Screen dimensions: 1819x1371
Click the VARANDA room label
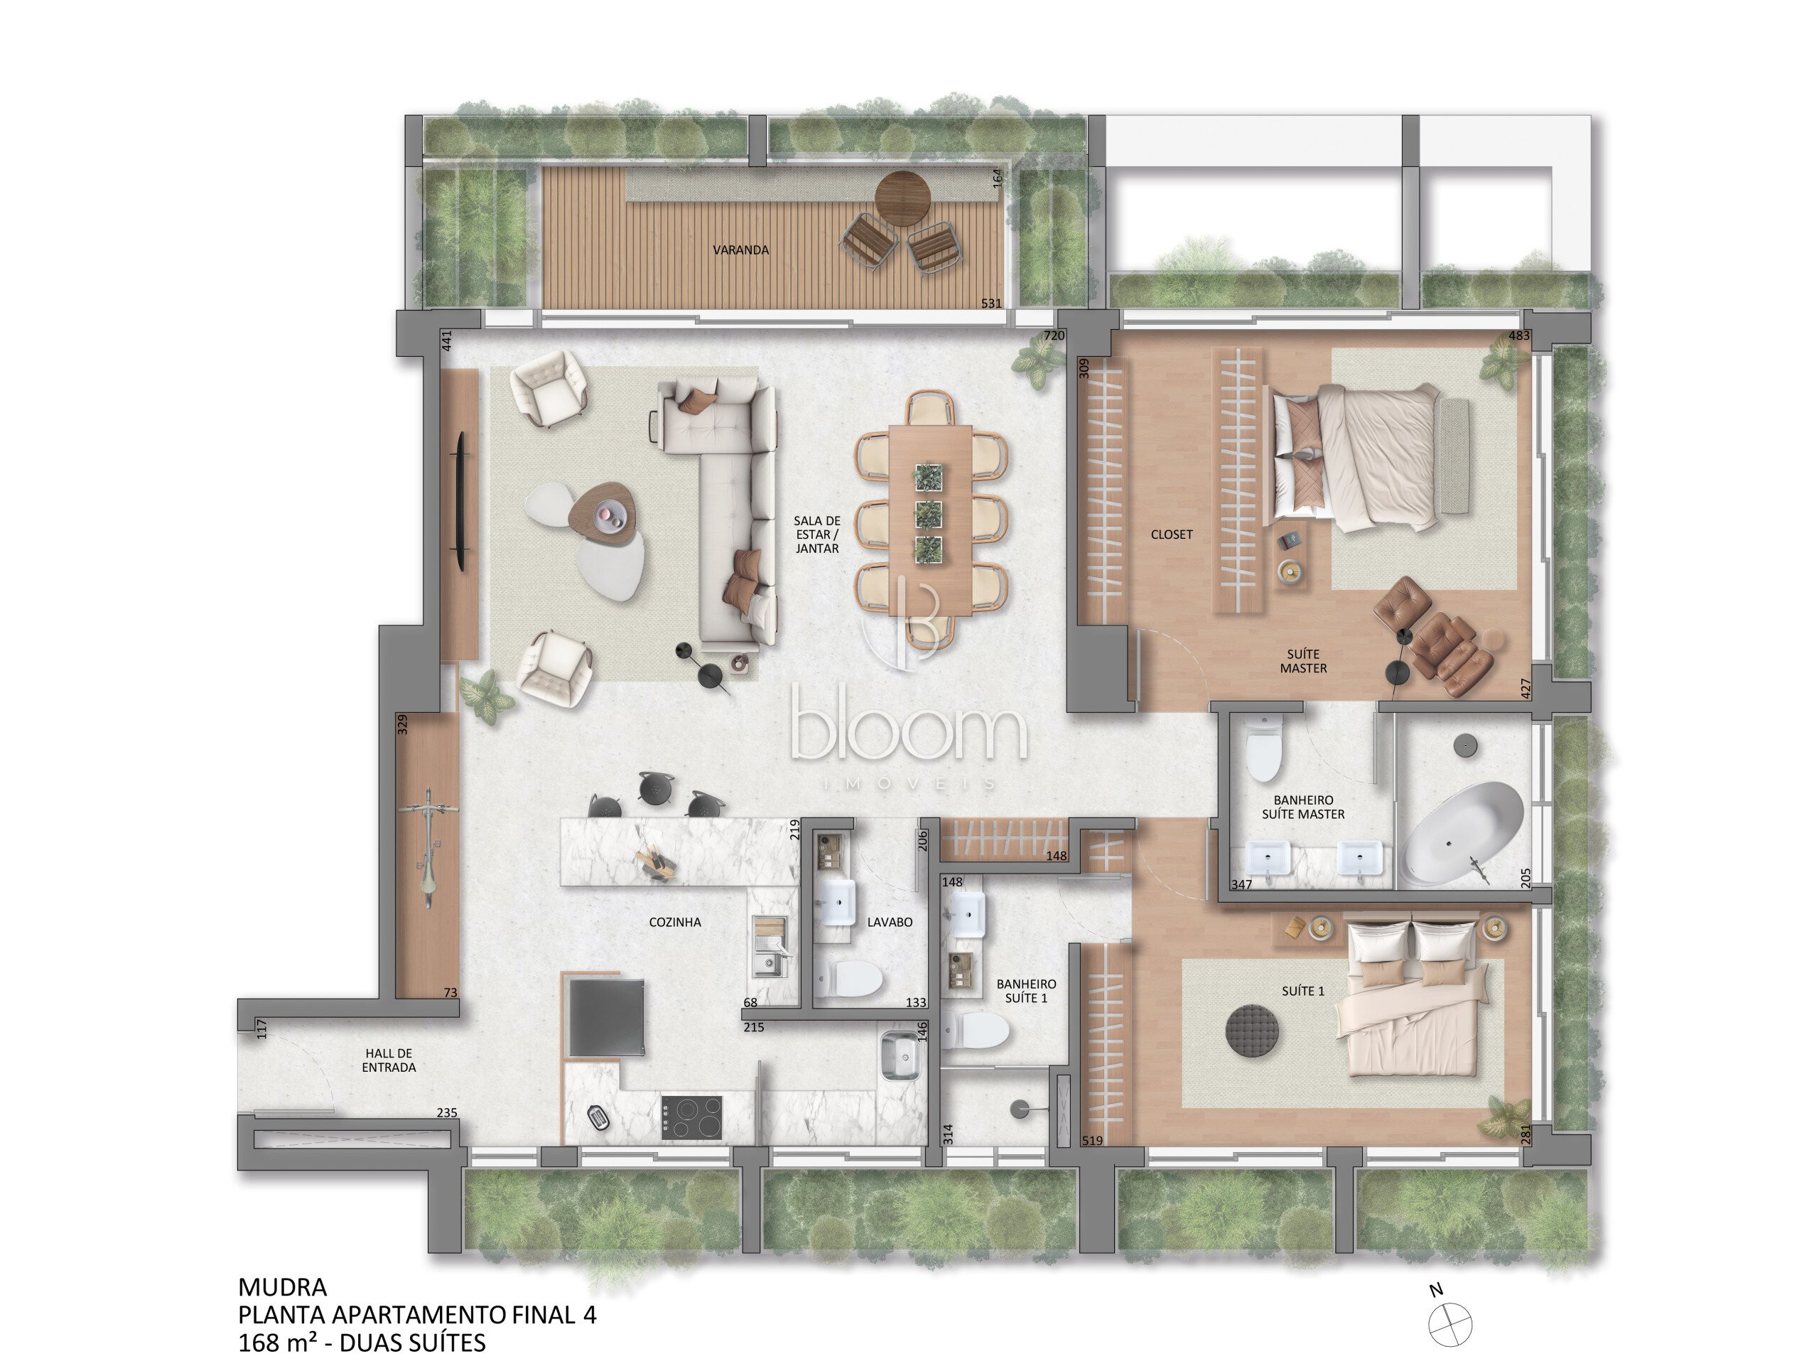(741, 250)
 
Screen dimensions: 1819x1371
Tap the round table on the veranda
(902, 198)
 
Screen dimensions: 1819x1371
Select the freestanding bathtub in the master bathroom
(1463, 834)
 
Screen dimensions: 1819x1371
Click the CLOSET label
(1172, 534)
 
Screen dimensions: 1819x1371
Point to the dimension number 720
(1054, 335)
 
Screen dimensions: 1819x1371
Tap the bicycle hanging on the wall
(428, 847)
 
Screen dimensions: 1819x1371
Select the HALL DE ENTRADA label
(389, 1060)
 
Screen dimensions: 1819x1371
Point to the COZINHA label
(675, 923)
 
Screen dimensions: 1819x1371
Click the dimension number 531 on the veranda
(992, 303)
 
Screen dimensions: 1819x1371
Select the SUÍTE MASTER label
(1303, 661)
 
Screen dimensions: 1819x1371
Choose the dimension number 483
(1519, 335)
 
